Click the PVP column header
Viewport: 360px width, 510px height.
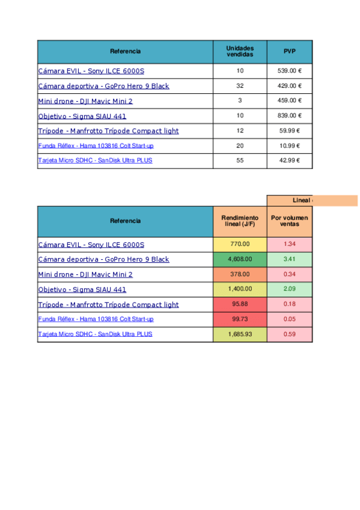(290, 52)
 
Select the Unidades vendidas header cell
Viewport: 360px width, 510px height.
(240, 52)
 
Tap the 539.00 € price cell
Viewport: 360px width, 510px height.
(290, 71)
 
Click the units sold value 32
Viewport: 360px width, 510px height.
(240, 86)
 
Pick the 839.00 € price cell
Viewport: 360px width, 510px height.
(290, 115)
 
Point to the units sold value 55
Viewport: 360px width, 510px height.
(240, 161)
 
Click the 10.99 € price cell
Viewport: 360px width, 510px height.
(290, 146)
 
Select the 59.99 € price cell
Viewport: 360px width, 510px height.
(290, 131)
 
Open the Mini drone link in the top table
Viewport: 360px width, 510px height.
(85, 101)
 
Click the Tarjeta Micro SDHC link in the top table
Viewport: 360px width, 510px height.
(95, 161)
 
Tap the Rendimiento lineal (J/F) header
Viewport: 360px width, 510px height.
(240, 221)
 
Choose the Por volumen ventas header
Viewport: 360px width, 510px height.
(290, 221)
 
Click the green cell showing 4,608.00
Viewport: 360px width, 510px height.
(240, 259)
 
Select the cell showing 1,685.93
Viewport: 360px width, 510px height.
(240, 334)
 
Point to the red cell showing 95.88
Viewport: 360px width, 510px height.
(240, 304)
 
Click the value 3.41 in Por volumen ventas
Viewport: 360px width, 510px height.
(290, 259)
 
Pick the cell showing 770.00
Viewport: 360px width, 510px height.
(240, 244)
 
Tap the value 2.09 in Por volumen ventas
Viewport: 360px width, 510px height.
(290, 289)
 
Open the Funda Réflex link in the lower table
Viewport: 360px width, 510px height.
(96, 319)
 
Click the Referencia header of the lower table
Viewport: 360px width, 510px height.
(125, 221)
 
